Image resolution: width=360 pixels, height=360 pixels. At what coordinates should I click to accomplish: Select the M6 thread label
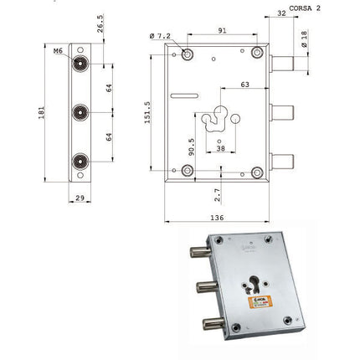tap(58, 52)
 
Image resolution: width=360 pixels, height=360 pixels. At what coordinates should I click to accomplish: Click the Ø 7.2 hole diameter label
tap(162, 36)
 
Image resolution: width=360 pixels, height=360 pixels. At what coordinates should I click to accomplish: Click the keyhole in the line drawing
tap(221, 121)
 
